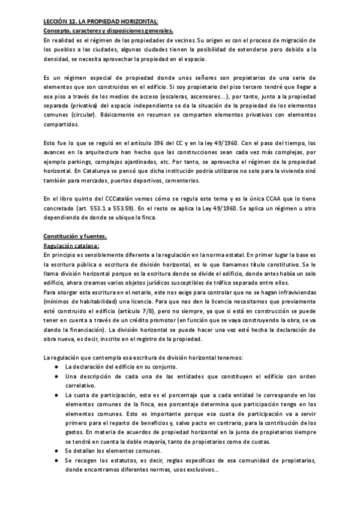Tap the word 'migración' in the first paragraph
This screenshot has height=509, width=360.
(x=296, y=40)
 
